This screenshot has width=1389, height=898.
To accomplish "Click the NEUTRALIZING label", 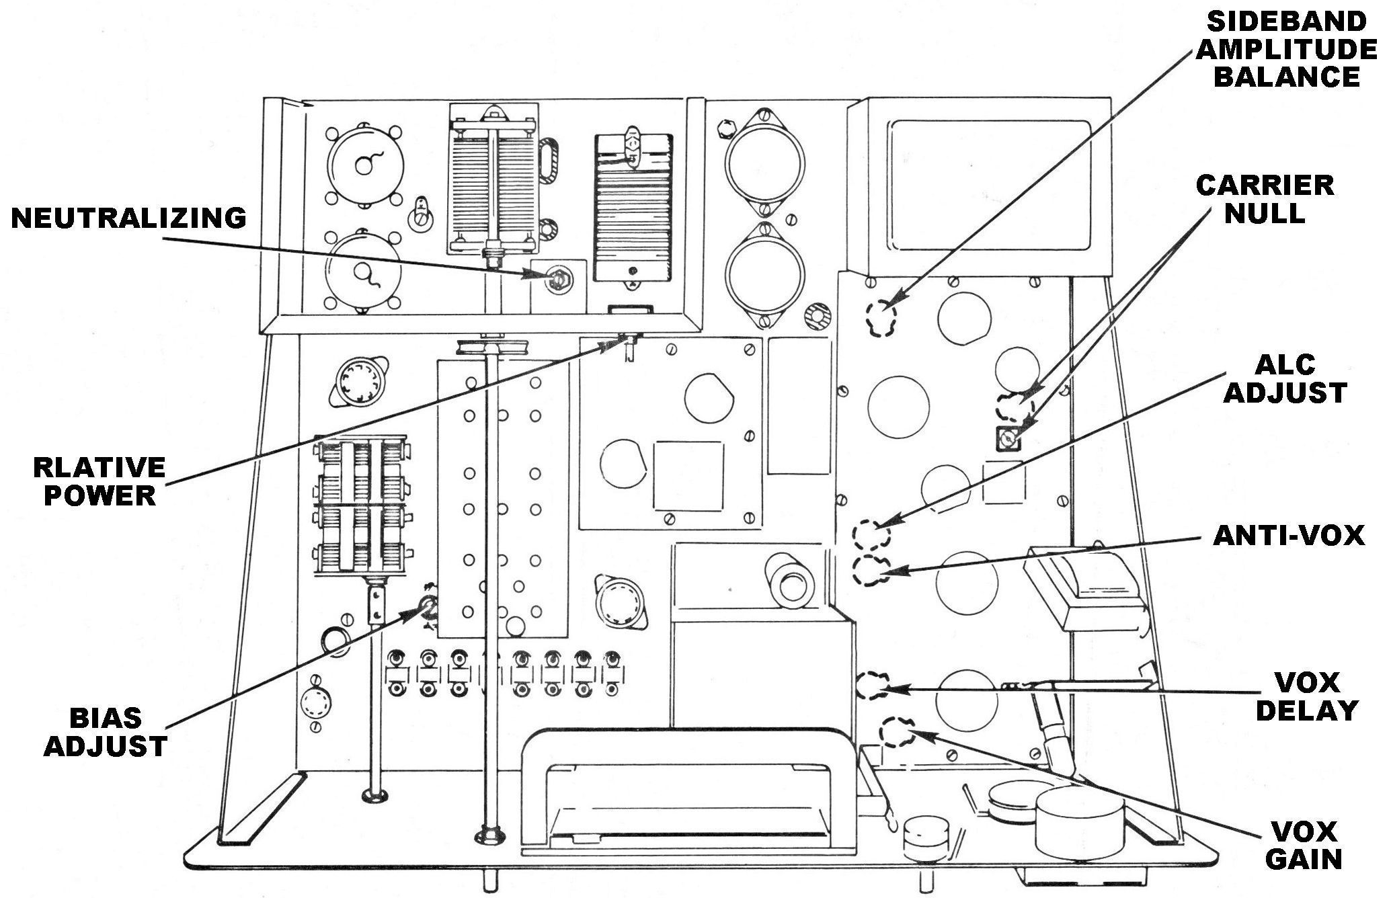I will coord(128,219).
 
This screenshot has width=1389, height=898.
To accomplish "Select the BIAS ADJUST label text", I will coord(106,732).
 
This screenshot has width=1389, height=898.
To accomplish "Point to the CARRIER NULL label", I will coord(1265,199).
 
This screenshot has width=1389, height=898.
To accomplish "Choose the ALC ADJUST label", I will coord(1284,379).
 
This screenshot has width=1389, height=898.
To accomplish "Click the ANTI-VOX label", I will coord(1289,536).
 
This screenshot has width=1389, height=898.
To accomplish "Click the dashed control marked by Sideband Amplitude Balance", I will coord(881,318).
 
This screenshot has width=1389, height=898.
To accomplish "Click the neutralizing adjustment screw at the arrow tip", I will coord(557,276).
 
